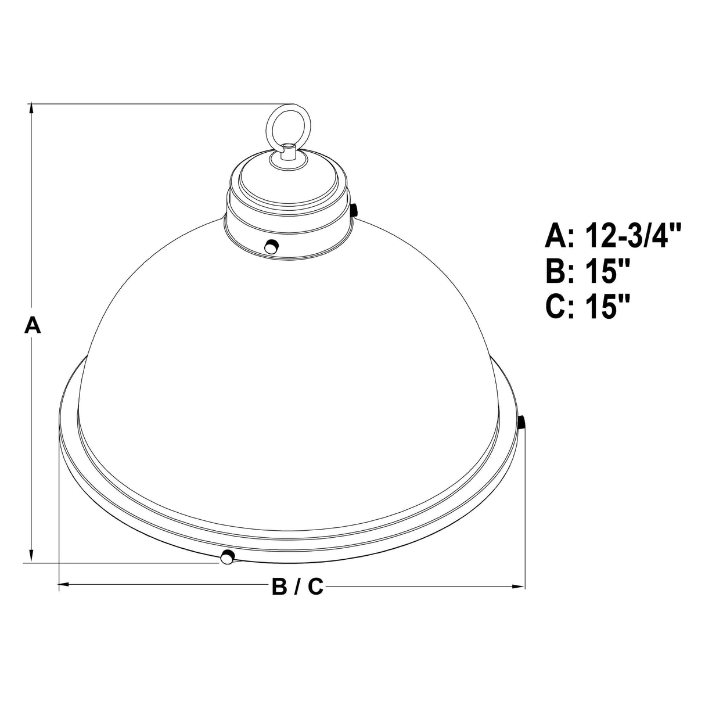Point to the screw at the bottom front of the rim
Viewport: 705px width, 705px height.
tap(227, 557)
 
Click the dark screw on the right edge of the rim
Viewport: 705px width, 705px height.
tap(521, 422)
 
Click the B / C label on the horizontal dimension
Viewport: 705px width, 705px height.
tap(297, 588)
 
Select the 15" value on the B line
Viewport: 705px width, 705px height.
tap(608, 271)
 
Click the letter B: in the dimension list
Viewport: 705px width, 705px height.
tap(559, 271)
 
